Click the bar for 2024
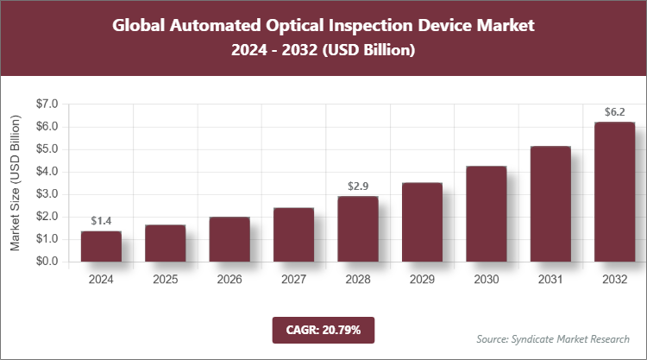pos(101,246)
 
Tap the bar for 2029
pos(422,222)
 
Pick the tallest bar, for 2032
pos(614,192)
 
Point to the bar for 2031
pos(550,204)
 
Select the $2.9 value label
pos(358,186)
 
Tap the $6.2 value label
pos(614,112)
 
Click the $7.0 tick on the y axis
pos(47,104)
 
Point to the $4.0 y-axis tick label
pos(47,171)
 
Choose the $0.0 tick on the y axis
pos(47,261)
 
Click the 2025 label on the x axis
pos(165,280)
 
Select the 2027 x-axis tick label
pos(293,280)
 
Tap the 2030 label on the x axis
pos(486,280)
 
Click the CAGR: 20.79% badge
pos(323,329)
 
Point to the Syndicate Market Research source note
pos(553,338)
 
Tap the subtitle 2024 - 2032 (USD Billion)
pos(323,51)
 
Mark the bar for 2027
pos(293,234)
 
